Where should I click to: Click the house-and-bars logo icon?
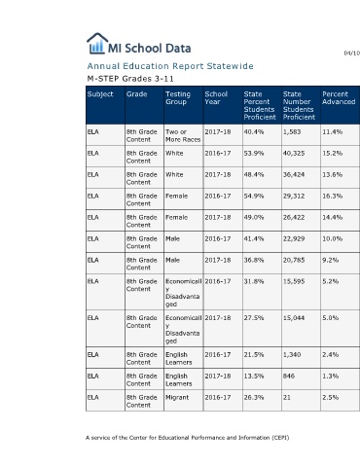point(97,44)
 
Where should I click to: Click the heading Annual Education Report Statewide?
point(170,66)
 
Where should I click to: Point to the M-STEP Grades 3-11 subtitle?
point(130,79)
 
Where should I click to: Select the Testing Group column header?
point(178,98)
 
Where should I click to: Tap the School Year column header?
point(216,98)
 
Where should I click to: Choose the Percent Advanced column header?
point(339,98)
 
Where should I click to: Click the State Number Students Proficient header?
point(299,105)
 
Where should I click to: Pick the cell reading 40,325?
point(294,153)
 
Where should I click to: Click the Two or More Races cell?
point(183,135)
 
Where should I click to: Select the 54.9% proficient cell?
point(254,196)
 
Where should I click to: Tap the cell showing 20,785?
point(294,260)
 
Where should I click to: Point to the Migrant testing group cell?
point(177,397)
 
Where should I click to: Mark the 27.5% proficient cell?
point(254,318)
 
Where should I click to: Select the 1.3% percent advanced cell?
point(330,376)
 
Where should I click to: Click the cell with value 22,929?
point(294,238)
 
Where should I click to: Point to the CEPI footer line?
point(188,438)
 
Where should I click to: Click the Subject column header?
point(100,94)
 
